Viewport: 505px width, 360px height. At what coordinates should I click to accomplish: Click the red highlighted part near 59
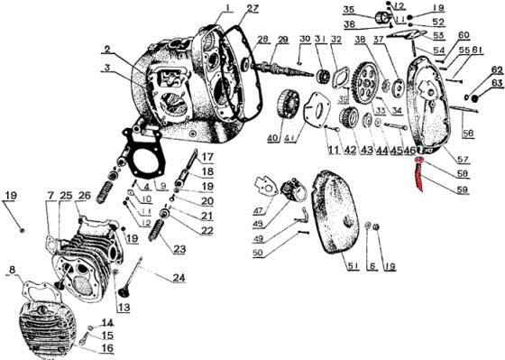419,177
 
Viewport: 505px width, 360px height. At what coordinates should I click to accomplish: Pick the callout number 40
273,138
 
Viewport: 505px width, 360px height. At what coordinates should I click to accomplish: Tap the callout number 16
107,348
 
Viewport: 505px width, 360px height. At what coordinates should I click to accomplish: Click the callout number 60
464,35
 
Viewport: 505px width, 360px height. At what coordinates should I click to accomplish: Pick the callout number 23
179,250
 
